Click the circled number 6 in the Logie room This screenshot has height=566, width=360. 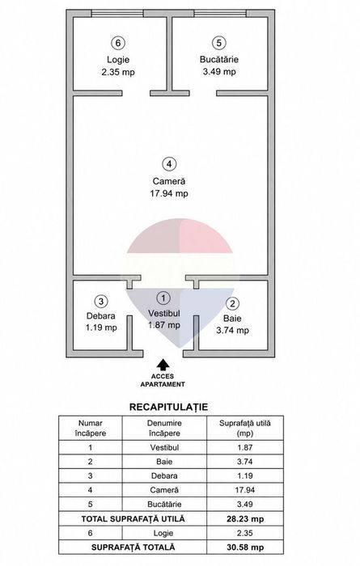point(118,44)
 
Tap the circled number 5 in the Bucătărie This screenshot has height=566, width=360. point(218,43)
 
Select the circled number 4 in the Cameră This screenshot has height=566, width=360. point(169,164)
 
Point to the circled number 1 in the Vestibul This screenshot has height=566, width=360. point(164,298)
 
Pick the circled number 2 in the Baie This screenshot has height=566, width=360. point(232,303)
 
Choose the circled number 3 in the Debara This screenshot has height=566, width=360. point(101,301)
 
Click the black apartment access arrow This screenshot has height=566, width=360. point(163,365)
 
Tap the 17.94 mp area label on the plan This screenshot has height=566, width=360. point(169,193)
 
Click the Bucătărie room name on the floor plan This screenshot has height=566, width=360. point(219,59)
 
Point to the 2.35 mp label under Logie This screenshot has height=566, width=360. point(118,72)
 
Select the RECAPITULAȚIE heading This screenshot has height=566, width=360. point(168,408)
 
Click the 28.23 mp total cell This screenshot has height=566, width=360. point(245,519)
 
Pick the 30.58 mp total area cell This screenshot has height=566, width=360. point(245,547)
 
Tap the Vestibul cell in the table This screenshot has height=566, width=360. point(164,448)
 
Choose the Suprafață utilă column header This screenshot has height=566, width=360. point(245,428)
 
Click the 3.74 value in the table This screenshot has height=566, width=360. point(245,462)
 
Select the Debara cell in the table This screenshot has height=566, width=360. point(164,475)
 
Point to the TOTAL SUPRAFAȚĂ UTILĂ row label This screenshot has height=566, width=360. point(133,519)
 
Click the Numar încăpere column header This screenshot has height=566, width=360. point(91,428)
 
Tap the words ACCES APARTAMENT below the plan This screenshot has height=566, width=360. point(163,381)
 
